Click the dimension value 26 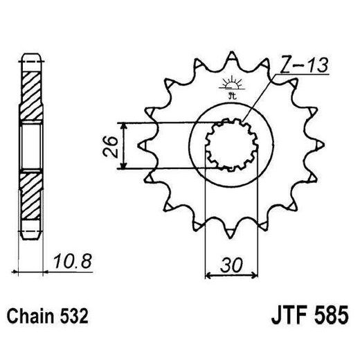(x=108, y=146)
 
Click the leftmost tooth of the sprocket (x=144, y=146)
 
